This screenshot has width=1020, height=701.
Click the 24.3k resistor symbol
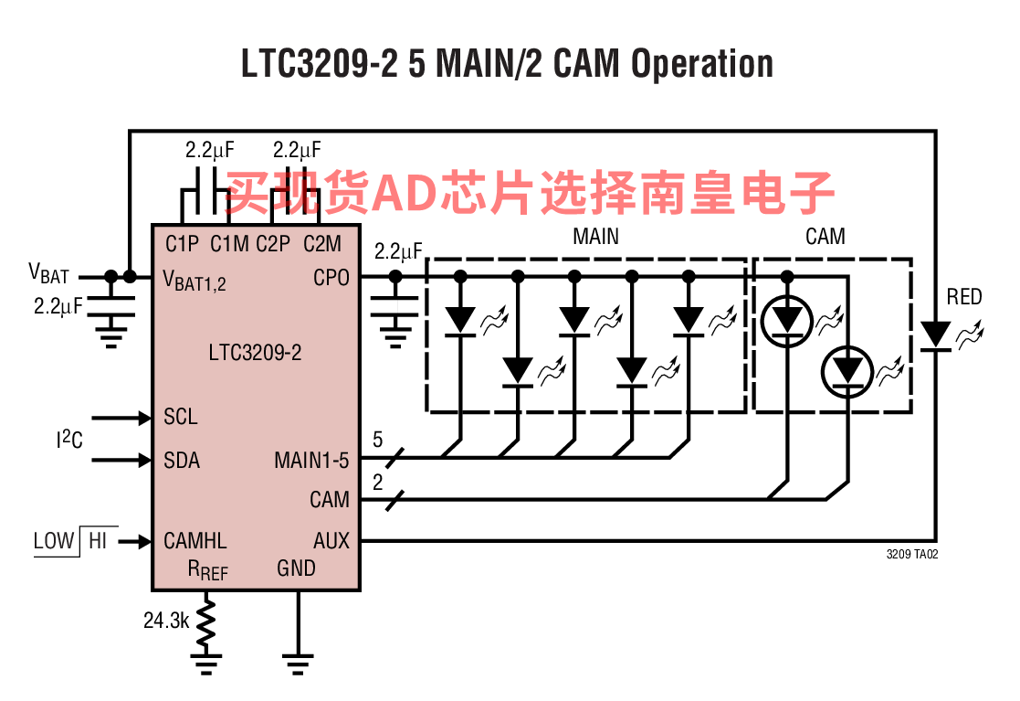tap(206, 622)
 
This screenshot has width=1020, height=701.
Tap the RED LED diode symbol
tap(934, 335)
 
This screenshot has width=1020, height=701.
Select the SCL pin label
tap(180, 417)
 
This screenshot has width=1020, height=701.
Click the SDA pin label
tap(181, 459)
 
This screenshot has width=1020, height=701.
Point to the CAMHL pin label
tap(195, 540)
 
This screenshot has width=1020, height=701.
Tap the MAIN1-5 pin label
tap(311, 460)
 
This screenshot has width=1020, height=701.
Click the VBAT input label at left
tap(48, 273)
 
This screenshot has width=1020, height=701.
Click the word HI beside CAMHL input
tap(97, 540)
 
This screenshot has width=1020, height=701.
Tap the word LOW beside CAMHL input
tap(53, 540)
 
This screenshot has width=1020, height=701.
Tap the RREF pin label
tap(207, 570)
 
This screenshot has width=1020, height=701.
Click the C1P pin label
tap(182, 244)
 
